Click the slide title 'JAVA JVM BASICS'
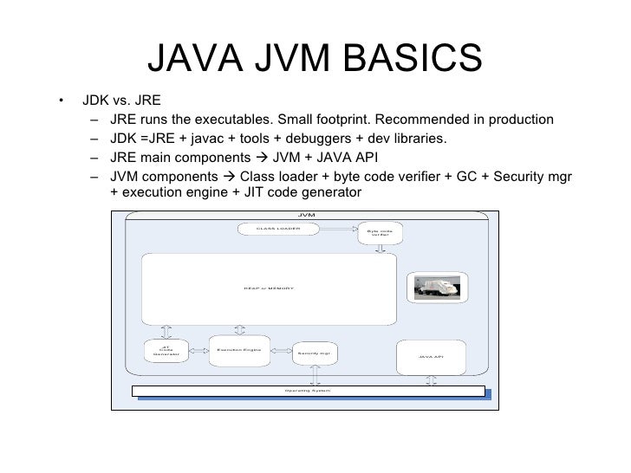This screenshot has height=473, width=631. tap(315, 58)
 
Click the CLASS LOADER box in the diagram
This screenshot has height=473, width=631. tap(277, 229)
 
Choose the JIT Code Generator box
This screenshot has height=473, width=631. tap(166, 350)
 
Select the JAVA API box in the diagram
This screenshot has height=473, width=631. tap(431, 356)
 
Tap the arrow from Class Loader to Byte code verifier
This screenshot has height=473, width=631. tap(338, 229)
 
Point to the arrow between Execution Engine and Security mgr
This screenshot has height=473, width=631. tap(280, 352)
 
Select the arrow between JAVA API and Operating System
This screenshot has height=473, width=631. tap(430, 379)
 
